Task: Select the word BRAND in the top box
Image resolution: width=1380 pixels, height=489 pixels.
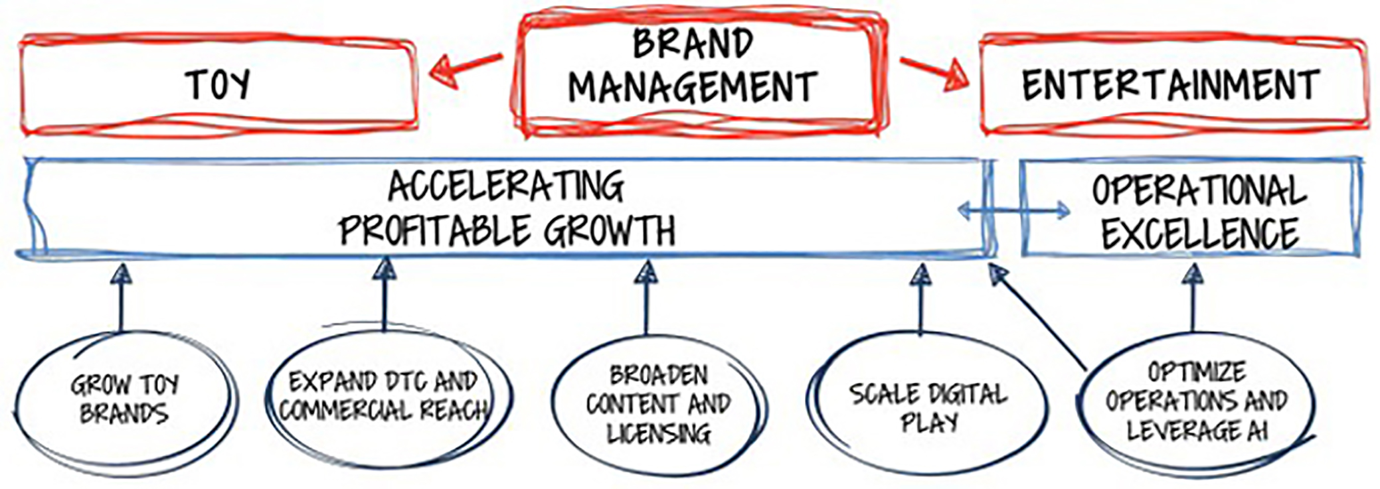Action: coord(693,44)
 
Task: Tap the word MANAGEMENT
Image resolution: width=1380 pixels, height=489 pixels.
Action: coord(693,87)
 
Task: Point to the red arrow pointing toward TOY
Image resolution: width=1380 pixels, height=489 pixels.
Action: coord(466,69)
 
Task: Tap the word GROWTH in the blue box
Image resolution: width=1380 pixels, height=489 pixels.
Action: coord(609,231)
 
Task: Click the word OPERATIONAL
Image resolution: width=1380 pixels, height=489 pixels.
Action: coord(1199,191)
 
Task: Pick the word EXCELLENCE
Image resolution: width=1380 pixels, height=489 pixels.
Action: coord(1200,233)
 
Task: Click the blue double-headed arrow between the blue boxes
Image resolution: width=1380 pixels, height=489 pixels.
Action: coord(1013,211)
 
